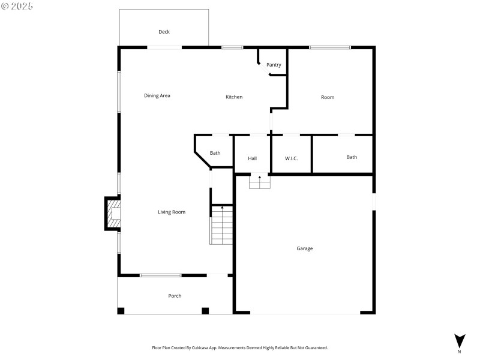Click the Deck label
pos(164,32)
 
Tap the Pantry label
pos(274,65)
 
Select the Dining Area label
pos(157,95)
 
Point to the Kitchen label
pos(234,97)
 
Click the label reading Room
pos(328,97)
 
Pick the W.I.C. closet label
pos(291,158)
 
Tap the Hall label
pos(253,158)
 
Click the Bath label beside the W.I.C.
pos(352,157)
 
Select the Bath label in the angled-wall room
pos(215,153)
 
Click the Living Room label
pos(172,212)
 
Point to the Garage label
pos(305,248)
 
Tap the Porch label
pos(175,296)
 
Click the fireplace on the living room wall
pos(113,214)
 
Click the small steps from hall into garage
pos(260,182)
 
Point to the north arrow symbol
pos(460,341)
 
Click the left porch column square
pos(121,311)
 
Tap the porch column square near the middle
pos(205,311)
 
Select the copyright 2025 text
pos(17,6)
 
